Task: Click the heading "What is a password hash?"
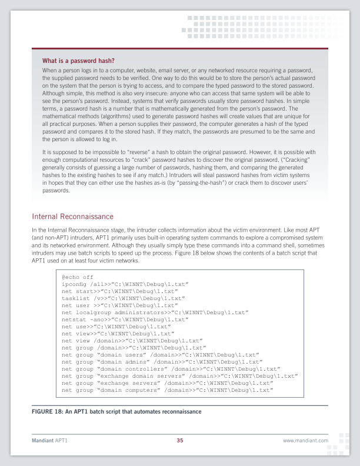click(x=78, y=61)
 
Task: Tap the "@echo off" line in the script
click(x=77, y=277)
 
